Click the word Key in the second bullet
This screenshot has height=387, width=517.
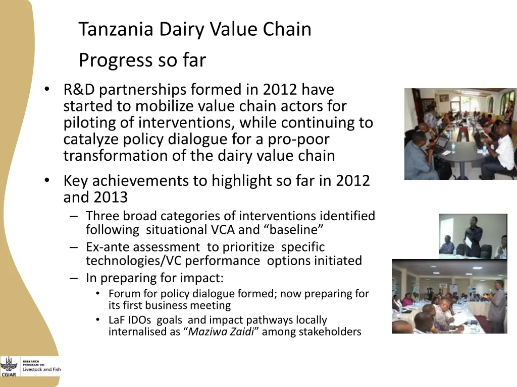coord(76,180)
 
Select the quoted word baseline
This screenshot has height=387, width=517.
coord(293,230)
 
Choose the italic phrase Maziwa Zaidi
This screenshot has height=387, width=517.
coord(221,332)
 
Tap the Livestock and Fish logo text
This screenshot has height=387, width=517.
coord(41,369)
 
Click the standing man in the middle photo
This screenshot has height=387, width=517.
coord(473,236)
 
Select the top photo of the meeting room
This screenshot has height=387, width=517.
coord(460,134)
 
